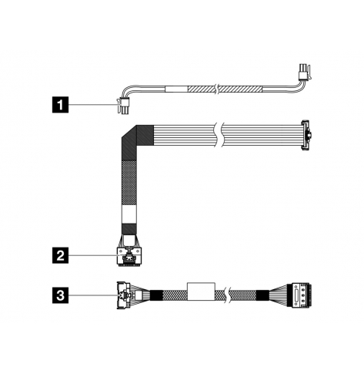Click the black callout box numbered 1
click(x=61, y=104)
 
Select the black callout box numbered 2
click(x=61, y=255)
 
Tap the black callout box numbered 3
click(x=61, y=295)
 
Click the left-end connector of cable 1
click(x=123, y=106)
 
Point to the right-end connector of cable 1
click(x=305, y=72)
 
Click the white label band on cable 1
click(x=176, y=89)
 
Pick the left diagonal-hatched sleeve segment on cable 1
click(x=202, y=89)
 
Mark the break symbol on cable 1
click(x=217, y=89)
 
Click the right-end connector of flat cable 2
click(x=306, y=135)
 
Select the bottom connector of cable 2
click(x=129, y=256)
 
